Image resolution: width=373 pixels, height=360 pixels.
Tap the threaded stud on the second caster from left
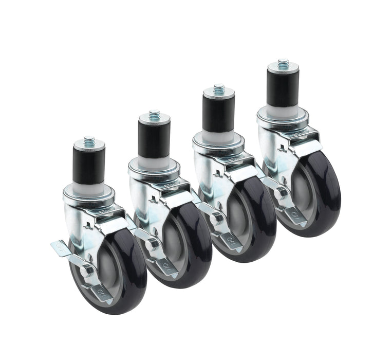(x=154, y=114)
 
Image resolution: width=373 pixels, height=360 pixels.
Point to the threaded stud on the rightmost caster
(x=283, y=64)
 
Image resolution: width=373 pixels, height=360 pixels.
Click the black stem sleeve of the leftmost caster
(x=89, y=164)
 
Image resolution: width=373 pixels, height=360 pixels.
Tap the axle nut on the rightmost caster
(x=281, y=192)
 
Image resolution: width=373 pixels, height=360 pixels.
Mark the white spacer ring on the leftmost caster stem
(x=89, y=186)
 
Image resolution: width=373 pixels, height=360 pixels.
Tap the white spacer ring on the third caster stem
(x=218, y=135)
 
